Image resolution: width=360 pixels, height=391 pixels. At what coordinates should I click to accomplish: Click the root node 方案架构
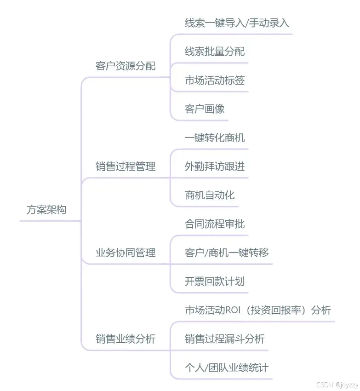click(x=46, y=210)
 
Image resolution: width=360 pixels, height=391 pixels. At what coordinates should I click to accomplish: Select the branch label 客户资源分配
click(x=126, y=66)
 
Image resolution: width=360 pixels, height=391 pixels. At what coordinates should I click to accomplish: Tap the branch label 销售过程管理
click(x=126, y=167)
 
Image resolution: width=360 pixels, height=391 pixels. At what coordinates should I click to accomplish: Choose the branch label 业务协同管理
click(x=126, y=253)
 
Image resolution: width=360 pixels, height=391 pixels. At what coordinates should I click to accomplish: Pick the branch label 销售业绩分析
click(x=126, y=339)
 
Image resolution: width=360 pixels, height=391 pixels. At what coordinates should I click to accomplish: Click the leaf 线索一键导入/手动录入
click(x=237, y=23)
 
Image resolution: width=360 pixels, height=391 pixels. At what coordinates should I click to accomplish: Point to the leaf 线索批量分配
click(x=215, y=52)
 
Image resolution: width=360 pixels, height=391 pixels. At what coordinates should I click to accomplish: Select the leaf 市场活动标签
click(x=215, y=80)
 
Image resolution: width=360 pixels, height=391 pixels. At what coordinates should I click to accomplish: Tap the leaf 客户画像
click(x=205, y=109)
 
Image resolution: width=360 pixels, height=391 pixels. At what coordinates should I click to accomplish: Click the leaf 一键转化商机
click(x=215, y=138)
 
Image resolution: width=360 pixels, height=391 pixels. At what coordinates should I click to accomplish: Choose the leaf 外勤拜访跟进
click(x=215, y=167)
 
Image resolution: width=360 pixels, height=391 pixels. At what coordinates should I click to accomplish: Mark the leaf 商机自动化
click(x=210, y=195)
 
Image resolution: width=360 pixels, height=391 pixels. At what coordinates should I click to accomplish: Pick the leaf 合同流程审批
click(x=215, y=224)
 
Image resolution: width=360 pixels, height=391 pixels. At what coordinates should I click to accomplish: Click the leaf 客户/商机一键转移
click(x=227, y=253)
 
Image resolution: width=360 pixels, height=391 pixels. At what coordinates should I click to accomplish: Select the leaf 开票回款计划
click(x=215, y=281)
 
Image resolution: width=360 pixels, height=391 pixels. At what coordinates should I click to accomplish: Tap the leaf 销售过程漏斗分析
click(x=224, y=339)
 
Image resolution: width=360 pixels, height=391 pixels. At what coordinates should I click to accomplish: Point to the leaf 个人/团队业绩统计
click(x=227, y=368)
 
